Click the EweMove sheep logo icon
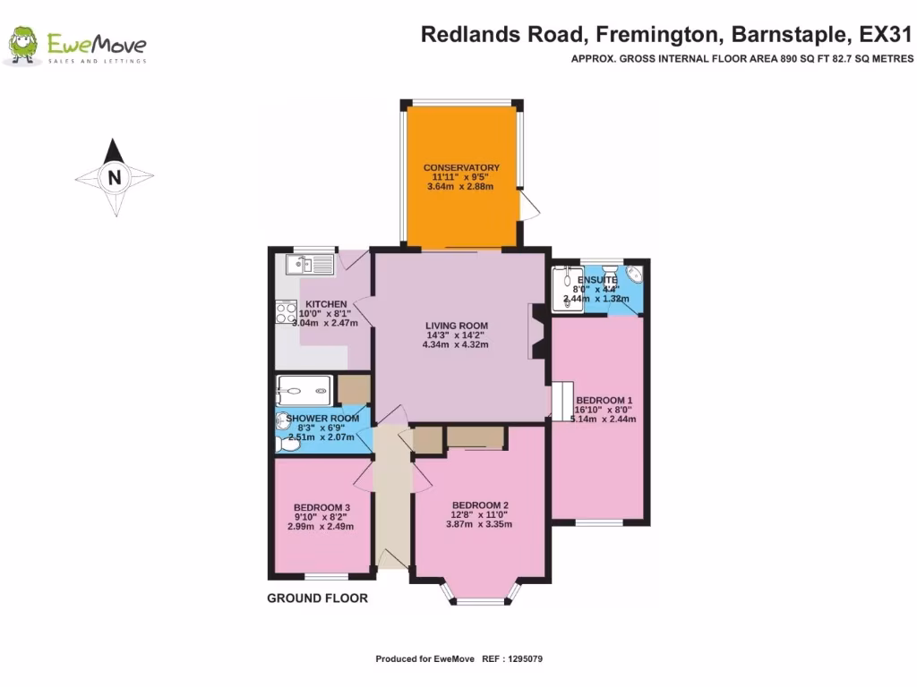point(22,45)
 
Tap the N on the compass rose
point(114,177)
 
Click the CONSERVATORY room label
point(461,167)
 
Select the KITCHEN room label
point(325,304)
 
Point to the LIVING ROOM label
point(457,325)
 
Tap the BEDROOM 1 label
point(604,400)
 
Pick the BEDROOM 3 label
point(321,507)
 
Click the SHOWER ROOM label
point(322,418)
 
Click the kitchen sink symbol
point(309,264)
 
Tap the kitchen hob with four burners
point(287,312)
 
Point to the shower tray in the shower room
point(304,389)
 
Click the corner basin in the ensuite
point(633,273)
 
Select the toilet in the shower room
point(288,443)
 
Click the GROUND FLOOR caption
point(317,598)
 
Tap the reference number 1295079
point(524,659)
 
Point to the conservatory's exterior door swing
point(530,208)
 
